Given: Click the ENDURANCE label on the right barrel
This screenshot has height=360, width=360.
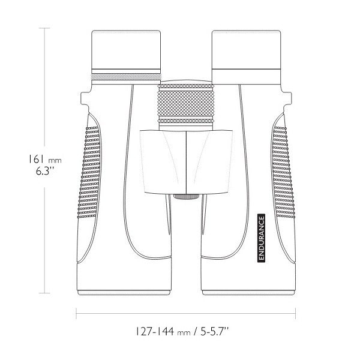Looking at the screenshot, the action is tap(261, 238).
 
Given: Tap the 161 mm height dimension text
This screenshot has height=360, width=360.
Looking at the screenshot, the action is tap(45, 159).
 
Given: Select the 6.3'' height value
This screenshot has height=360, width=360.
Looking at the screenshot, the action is tap(45, 171).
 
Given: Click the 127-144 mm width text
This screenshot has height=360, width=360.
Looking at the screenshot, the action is tap(163, 331).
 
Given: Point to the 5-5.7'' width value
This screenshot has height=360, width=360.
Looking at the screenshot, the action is tap(214, 331).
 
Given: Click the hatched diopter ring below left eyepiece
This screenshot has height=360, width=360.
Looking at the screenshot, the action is tap(126, 77).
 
